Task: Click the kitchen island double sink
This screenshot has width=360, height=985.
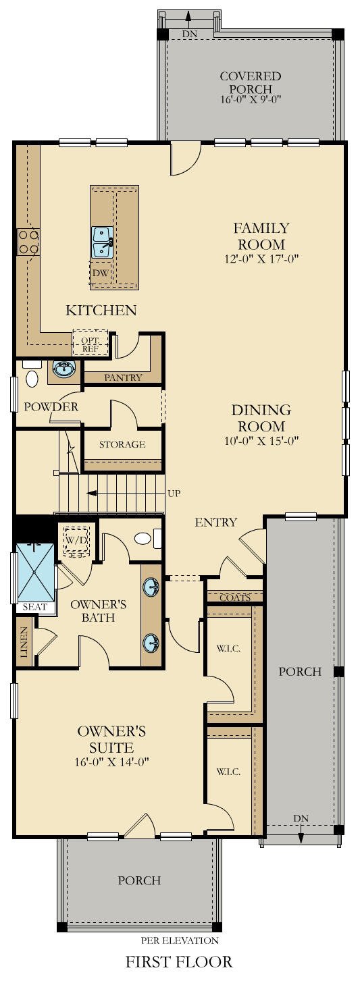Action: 102,242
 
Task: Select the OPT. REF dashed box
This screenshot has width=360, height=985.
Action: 90,344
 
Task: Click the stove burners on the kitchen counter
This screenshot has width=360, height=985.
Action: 28,242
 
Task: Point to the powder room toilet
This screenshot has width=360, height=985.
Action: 32,377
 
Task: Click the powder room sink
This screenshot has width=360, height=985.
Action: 63,369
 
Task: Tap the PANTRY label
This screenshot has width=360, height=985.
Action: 123,377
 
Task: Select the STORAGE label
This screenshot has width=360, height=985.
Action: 122,444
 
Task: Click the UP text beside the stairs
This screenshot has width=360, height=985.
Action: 174,494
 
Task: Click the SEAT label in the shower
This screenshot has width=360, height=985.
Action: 34,607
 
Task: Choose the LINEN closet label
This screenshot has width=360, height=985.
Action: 24,647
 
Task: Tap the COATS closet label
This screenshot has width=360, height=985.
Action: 235,597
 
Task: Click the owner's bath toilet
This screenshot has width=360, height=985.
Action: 145,538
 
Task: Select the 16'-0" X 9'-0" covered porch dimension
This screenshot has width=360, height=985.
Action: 250,99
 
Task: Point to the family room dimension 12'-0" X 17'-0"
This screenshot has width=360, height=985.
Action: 261,259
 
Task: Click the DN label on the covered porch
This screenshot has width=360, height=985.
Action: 188,33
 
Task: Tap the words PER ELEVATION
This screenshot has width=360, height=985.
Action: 180,940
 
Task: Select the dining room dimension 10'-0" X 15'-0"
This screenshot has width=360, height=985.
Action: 261,441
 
